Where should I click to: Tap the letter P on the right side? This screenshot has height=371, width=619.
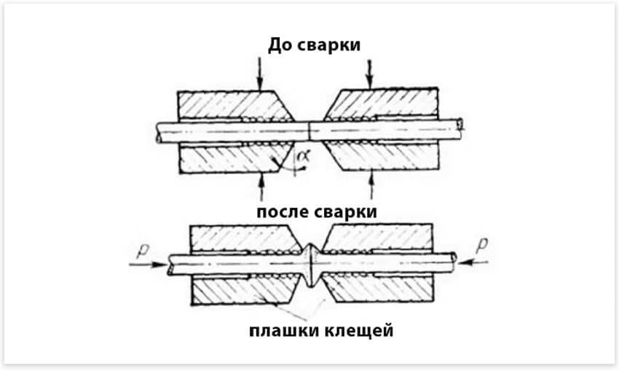(480, 247)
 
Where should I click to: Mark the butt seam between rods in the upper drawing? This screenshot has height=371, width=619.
(310, 130)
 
